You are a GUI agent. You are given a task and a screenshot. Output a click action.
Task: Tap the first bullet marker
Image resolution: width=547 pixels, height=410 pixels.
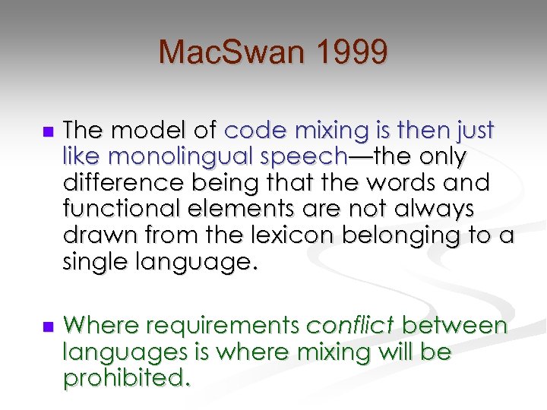point(48,132)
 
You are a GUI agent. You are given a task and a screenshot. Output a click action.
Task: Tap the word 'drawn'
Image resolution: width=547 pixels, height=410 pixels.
point(91,236)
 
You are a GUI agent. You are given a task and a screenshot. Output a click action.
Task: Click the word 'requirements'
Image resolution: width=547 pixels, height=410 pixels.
point(223,326)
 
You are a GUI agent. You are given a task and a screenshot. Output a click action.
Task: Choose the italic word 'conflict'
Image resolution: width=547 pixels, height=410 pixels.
point(349,326)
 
